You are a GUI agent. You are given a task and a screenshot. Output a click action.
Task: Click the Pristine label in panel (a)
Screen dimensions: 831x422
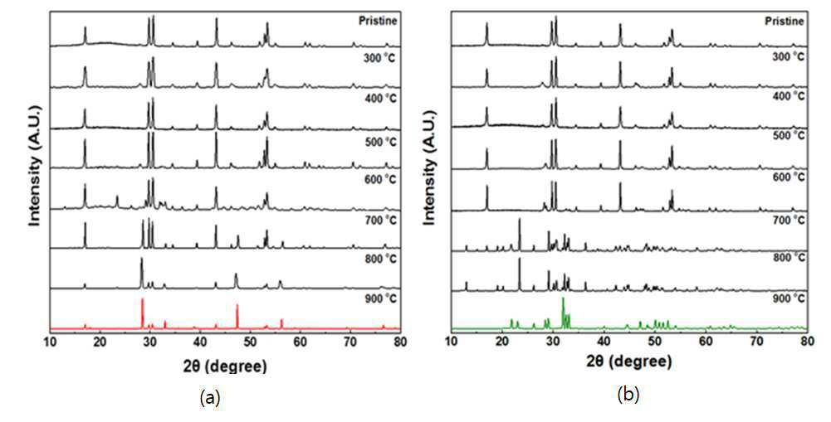click(378, 22)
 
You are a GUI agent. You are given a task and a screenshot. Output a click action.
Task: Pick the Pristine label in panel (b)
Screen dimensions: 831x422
click(785, 22)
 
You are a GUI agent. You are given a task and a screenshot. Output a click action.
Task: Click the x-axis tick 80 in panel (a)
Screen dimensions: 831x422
click(400, 342)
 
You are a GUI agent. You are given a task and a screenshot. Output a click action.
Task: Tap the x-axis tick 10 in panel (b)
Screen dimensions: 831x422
click(452, 342)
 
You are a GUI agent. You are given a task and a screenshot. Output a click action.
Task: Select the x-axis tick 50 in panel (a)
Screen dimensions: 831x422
click(250, 342)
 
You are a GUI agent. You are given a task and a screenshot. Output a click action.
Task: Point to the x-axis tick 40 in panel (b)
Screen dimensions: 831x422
click(604, 342)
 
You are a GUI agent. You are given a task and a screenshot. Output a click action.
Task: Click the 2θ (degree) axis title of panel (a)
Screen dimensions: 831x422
click(225, 366)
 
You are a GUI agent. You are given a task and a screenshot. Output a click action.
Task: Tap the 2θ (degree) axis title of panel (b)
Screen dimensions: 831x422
click(629, 362)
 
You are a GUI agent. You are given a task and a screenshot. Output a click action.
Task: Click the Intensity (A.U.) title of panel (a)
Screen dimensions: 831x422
click(35, 166)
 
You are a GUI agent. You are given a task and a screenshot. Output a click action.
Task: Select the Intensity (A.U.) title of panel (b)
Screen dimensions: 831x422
click(430, 167)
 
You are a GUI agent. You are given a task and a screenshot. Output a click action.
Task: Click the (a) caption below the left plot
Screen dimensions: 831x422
click(209, 396)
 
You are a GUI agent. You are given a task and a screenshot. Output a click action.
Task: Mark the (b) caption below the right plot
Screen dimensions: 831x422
click(628, 395)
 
